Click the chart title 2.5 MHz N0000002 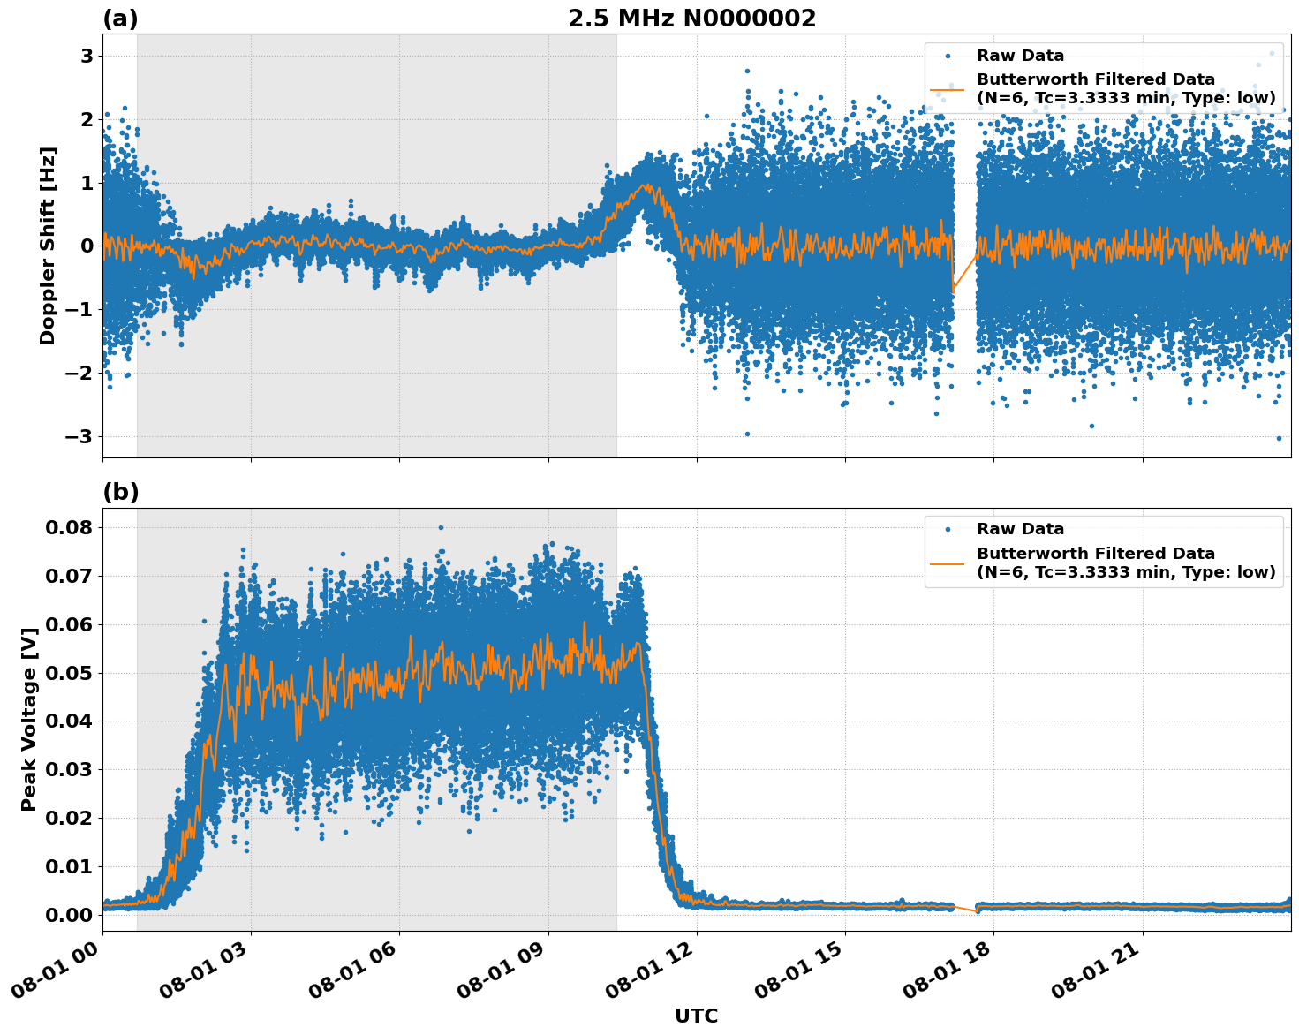(691, 19)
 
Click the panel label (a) (120, 19)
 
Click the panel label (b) (120, 492)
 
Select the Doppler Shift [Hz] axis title (48, 246)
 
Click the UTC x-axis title (696, 1016)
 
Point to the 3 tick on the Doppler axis (87, 57)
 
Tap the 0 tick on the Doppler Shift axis (87, 246)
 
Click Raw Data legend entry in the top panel (1020, 56)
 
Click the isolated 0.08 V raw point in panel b (441, 527)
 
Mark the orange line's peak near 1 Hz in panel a (647, 185)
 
